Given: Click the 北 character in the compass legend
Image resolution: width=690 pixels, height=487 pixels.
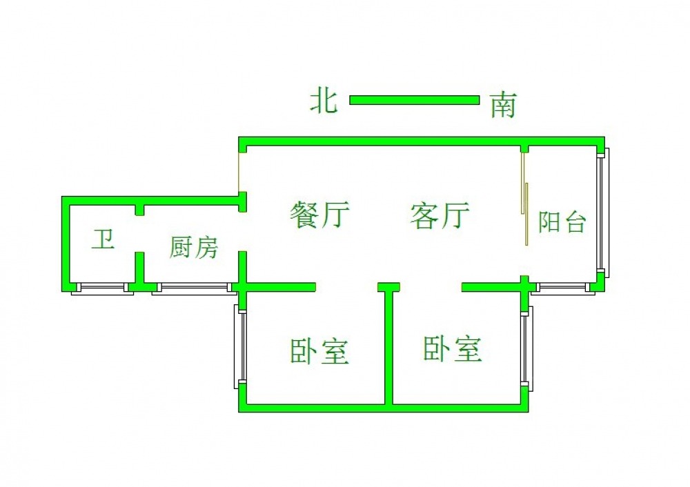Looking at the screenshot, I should point(323,101).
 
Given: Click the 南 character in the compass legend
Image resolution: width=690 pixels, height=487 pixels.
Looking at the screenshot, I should point(503,106).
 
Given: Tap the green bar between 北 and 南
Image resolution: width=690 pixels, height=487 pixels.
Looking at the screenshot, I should point(414,100).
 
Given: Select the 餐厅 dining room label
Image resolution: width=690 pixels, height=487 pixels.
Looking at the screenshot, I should point(320,215).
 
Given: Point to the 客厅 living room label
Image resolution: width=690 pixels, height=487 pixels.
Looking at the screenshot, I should point(439,215).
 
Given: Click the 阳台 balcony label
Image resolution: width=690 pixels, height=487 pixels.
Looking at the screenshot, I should point(562,222).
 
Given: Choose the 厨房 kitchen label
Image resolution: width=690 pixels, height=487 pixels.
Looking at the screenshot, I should point(194,247).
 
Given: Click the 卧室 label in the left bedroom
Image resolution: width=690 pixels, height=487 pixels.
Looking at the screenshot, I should point(319,351).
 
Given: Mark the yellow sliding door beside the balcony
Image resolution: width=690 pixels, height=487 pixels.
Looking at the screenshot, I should point(524,200).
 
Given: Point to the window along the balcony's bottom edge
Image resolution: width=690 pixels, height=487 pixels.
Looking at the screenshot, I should point(562,289).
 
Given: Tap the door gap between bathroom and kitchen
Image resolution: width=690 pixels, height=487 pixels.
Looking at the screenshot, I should point(139,234).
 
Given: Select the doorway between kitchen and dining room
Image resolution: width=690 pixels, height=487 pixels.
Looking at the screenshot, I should point(242,232).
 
